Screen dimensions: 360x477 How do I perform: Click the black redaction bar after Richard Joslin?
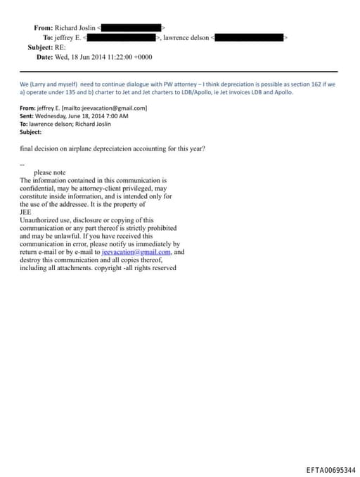[x=131, y=27]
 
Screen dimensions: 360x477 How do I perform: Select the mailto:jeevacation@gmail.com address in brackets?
[x=105, y=108]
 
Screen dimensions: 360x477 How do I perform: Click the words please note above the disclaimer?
[x=49, y=172]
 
